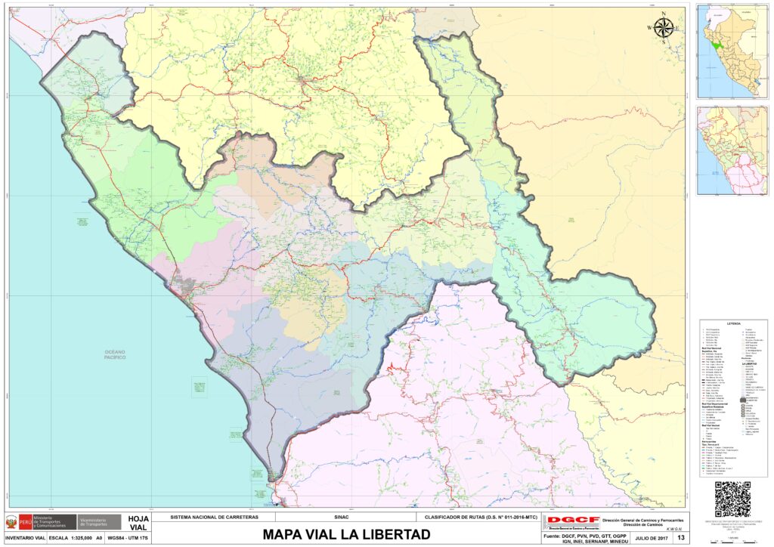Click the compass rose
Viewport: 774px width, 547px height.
[x=664, y=28]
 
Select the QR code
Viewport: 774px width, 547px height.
[x=732, y=499]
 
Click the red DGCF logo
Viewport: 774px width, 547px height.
[x=573, y=521]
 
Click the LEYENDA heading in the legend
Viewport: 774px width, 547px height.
[x=733, y=323]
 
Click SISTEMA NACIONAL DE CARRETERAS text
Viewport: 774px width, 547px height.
[x=215, y=518]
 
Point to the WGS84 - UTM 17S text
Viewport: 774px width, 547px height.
[x=127, y=538]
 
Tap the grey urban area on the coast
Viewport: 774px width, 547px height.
[x=184, y=285]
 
